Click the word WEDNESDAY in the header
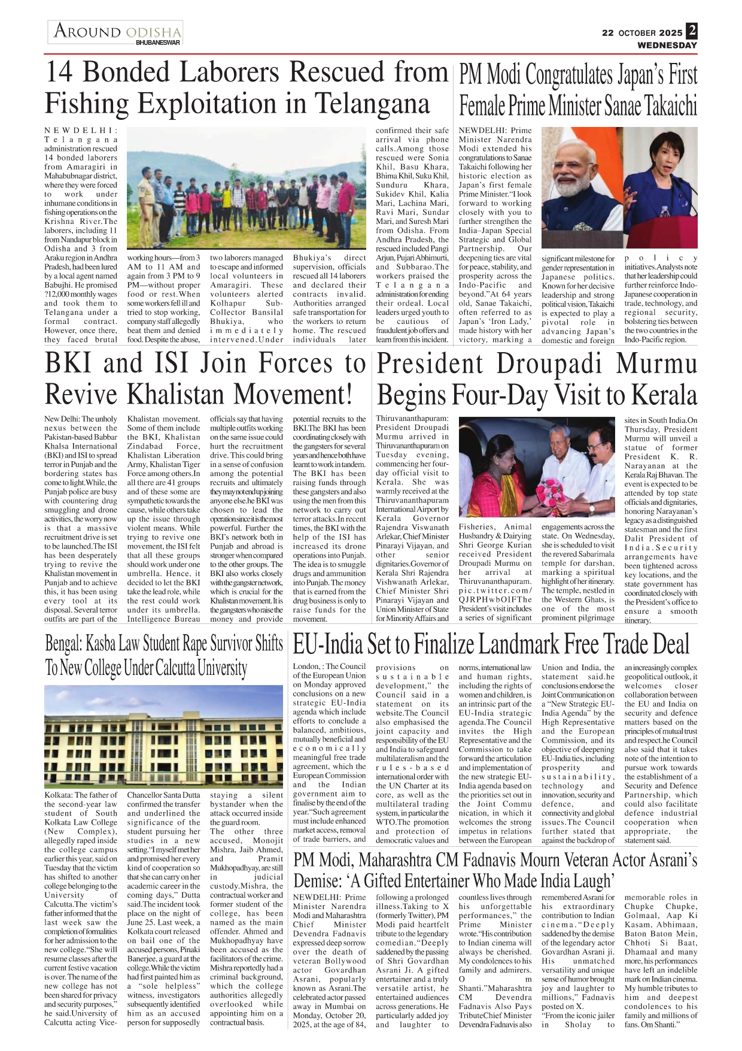tap(667, 46)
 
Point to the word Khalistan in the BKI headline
tap(178, 395)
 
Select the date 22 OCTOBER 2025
tap(642, 33)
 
